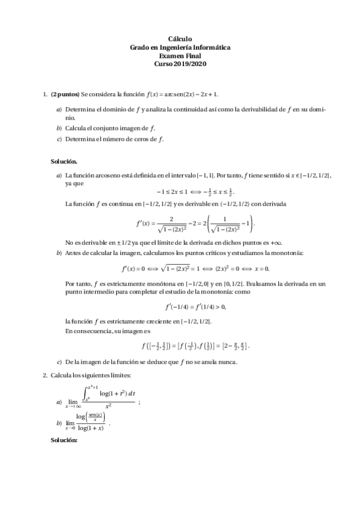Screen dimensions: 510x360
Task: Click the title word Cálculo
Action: [180, 38]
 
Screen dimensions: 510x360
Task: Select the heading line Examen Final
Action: [180, 55]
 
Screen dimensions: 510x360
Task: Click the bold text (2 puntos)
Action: [65, 94]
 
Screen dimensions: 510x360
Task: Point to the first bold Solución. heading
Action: [64, 162]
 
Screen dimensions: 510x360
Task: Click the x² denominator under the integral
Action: [108, 406]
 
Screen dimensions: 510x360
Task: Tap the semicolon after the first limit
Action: [139, 402]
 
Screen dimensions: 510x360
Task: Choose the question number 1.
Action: [44, 94]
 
